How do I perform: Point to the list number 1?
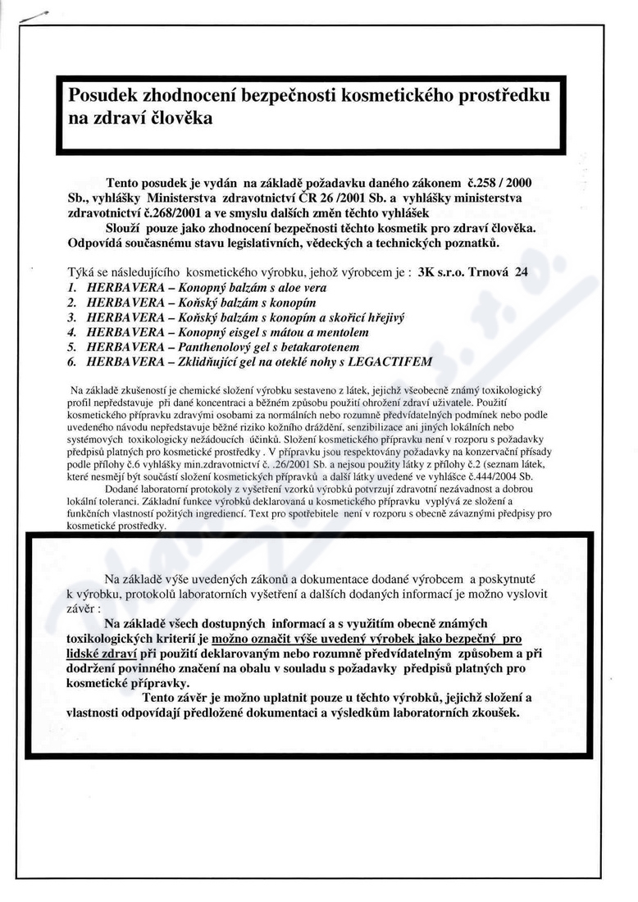(x=72, y=288)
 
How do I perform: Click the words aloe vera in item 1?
(x=276, y=288)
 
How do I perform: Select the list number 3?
(x=72, y=317)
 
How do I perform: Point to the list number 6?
(x=72, y=362)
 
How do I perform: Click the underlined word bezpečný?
(x=473, y=639)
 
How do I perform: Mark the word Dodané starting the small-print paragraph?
(x=122, y=490)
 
